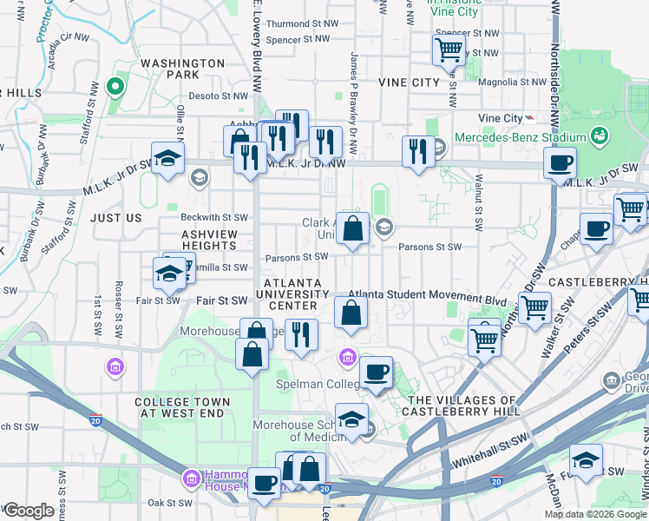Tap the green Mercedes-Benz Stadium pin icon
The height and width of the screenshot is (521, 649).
pyautogui.click(x=598, y=136)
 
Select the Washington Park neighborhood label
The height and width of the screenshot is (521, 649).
pyautogui.click(x=183, y=69)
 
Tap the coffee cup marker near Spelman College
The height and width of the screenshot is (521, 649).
pyautogui.click(x=376, y=373)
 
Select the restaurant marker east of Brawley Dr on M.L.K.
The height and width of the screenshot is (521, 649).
pyautogui.click(x=418, y=151)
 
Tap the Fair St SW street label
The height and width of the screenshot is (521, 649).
pyautogui.click(x=222, y=300)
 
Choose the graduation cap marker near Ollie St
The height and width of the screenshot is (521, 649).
pyautogui.click(x=167, y=158)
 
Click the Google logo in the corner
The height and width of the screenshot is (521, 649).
pyautogui.click(x=28, y=511)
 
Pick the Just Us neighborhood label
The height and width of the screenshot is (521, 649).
pyautogui.click(x=116, y=218)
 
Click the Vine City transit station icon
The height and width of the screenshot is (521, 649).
pyautogui.click(x=529, y=118)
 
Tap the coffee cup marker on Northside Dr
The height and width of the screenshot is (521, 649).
pyautogui.click(x=560, y=162)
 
